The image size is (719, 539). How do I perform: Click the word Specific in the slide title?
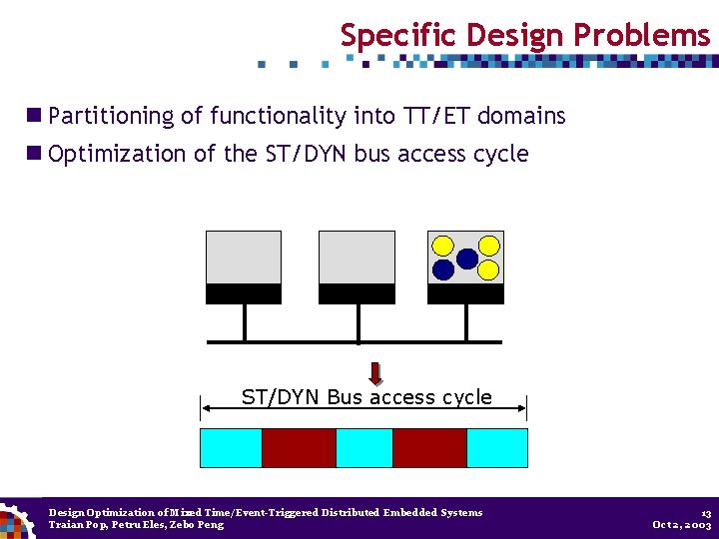[x=383, y=36]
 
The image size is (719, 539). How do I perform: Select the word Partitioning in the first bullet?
[x=111, y=116]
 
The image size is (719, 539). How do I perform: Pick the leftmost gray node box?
[x=243, y=258]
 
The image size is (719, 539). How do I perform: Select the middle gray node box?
[x=357, y=258]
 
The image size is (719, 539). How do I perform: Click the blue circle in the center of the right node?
[x=466, y=259]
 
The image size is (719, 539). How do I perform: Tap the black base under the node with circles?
[x=465, y=293]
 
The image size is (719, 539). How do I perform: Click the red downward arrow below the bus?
[x=375, y=373]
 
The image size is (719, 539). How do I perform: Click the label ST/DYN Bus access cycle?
[x=366, y=397]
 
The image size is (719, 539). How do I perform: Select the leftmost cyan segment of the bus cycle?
[x=231, y=448]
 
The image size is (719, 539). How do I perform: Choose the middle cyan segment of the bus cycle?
[x=364, y=448]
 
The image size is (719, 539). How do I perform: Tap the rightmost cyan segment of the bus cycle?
[x=497, y=448]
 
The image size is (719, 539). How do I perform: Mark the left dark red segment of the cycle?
[x=299, y=448]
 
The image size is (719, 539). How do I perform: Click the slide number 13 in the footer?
[x=705, y=512]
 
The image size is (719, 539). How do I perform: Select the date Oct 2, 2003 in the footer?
[x=681, y=525]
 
